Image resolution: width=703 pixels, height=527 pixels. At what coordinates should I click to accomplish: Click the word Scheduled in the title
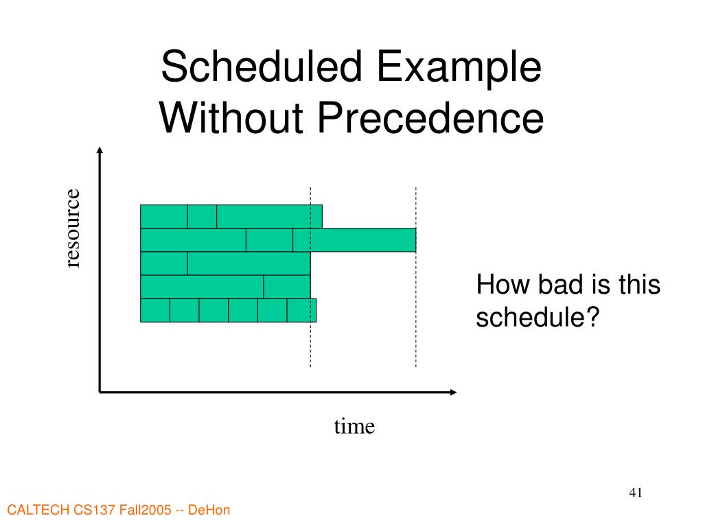[x=262, y=67]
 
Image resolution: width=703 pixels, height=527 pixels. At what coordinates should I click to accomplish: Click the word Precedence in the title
[x=431, y=117]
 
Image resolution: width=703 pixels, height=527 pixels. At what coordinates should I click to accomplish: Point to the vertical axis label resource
[x=72, y=228]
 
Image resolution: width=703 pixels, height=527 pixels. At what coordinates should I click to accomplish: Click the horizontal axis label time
[x=354, y=427]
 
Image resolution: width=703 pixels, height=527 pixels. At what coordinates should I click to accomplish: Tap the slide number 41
[x=636, y=493]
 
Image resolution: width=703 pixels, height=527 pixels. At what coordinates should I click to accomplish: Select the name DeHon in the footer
[x=209, y=510]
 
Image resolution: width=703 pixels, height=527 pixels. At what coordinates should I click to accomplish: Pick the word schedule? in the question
[x=538, y=317]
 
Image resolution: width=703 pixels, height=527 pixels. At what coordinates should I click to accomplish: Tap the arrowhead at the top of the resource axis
[x=100, y=150]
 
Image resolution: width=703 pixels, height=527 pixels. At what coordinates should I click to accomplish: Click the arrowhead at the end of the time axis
[x=453, y=392]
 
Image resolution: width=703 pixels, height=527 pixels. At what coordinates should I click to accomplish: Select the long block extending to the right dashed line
[x=355, y=240]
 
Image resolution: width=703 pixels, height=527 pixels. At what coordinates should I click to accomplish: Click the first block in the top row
[x=164, y=217]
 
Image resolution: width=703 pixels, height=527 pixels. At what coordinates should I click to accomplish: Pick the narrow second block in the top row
[x=203, y=217]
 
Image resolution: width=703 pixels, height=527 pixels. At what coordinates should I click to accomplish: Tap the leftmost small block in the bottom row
[x=155, y=310]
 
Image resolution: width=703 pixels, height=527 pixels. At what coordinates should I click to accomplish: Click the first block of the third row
[x=164, y=263]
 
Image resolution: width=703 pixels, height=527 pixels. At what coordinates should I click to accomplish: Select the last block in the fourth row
[x=287, y=287]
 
